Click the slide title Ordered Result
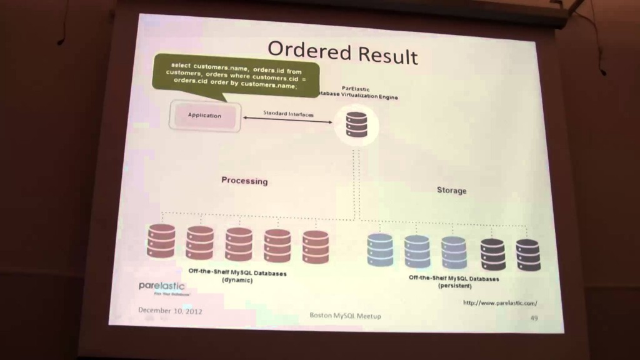point(342,53)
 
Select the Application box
point(204,116)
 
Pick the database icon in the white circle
point(356,125)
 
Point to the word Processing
point(244,181)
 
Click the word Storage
point(451,190)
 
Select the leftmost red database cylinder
point(161,241)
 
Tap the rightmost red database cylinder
point(315,247)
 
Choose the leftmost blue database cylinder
point(380,250)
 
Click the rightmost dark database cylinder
point(528,255)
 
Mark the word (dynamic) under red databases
point(237,281)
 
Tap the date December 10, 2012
point(170,310)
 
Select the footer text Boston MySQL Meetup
point(345,316)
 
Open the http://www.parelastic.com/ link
point(500,303)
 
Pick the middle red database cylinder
point(239,243)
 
